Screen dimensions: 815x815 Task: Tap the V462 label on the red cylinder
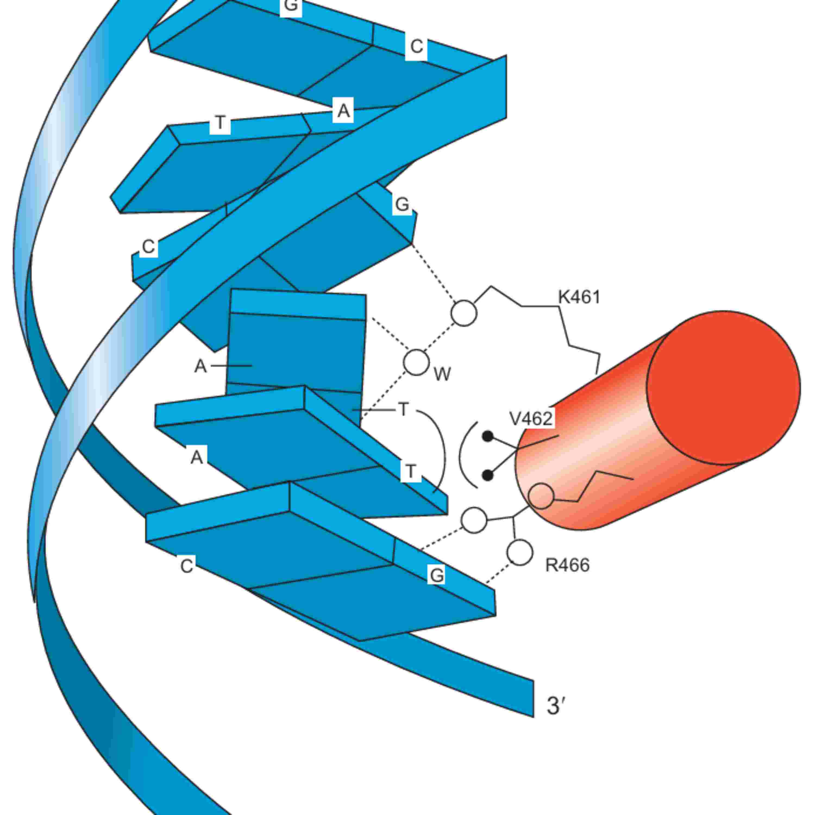[531, 418]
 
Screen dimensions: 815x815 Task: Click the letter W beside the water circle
[442, 374]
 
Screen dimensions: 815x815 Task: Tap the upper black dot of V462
[488, 436]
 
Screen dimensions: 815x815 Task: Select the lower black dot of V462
[488, 475]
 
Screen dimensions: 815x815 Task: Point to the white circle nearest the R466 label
[520, 552]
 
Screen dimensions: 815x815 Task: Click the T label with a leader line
[404, 409]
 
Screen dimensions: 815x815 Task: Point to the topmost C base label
[416, 46]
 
